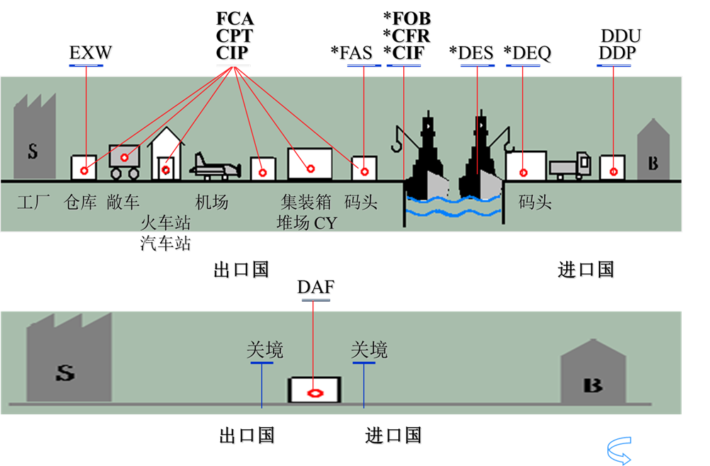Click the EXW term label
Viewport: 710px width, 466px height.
[90, 54]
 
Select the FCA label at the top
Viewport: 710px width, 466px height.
[235, 18]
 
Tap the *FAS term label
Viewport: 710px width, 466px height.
[351, 54]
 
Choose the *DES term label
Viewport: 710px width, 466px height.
[472, 54]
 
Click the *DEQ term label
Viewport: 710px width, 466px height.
[527, 54]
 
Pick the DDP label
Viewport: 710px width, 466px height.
[617, 53]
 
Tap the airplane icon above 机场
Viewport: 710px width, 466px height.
[212, 164]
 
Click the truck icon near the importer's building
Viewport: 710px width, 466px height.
[570, 166]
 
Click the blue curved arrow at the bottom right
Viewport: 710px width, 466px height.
[619, 450]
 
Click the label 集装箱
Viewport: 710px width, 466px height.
[305, 203]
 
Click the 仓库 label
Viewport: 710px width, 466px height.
[80, 203]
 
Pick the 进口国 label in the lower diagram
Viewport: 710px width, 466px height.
[393, 435]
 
